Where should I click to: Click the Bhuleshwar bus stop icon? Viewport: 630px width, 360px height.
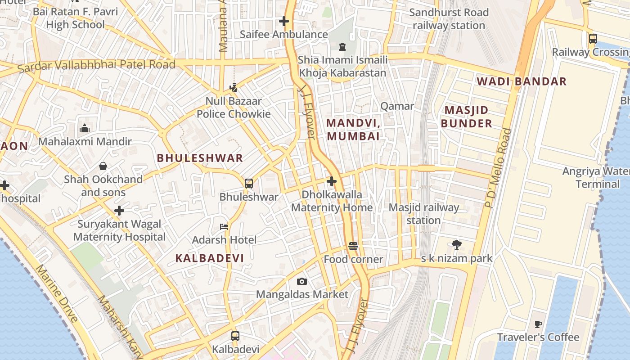(x=249, y=183)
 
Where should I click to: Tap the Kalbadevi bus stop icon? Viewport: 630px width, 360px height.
(x=235, y=336)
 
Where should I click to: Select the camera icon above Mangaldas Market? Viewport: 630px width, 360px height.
(x=302, y=281)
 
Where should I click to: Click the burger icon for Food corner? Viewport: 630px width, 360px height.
(x=353, y=246)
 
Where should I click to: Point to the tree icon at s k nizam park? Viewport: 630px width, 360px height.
(x=457, y=245)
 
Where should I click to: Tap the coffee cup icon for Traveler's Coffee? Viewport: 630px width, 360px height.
(x=538, y=324)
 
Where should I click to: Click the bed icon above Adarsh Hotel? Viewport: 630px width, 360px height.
(x=224, y=226)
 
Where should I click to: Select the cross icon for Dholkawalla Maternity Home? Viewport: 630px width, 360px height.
(x=332, y=181)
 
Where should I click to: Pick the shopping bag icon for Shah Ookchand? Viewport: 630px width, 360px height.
(x=103, y=166)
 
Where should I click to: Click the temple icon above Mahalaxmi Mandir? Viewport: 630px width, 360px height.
(x=85, y=129)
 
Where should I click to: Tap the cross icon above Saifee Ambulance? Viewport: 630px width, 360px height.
(x=284, y=21)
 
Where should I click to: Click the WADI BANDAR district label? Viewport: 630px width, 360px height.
(x=522, y=81)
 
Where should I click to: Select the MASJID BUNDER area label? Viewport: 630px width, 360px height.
(x=466, y=117)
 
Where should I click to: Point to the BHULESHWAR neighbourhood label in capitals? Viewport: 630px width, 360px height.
(x=200, y=158)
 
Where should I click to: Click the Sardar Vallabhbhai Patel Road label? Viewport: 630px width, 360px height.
(x=96, y=66)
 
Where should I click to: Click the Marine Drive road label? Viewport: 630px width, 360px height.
(x=57, y=293)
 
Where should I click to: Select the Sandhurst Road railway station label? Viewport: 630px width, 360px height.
(x=449, y=19)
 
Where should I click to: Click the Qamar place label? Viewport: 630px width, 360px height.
(x=397, y=106)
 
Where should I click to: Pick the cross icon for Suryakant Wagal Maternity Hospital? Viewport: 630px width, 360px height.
(x=119, y=210)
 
